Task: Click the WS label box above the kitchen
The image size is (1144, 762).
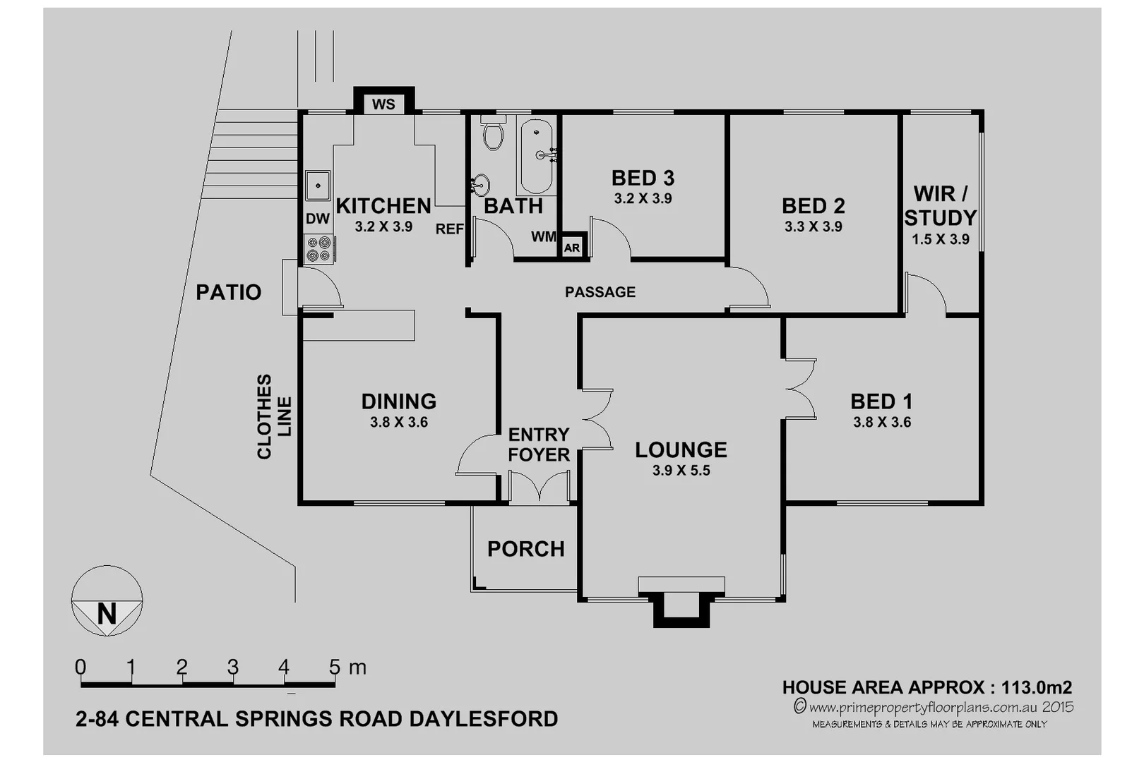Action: click(x=383, y=104)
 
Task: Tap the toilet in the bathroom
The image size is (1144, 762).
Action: click(x=493, y=135)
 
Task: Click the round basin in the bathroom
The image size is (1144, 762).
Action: click(x=480, y=185)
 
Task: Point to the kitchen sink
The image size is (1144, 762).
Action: click(x=318, y=186)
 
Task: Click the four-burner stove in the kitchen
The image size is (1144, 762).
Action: click(x=318, y=249)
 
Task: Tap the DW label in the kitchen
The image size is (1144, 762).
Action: click(x=318, y=219)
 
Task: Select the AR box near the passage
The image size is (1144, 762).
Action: click(x=572, y=248)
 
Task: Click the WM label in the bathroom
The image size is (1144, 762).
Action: click(x=543, y=237)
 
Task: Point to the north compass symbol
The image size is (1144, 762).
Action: click(x=107, y=601)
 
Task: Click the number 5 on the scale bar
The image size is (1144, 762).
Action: click(x=335, y=667)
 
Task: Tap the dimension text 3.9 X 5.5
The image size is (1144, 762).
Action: click(x=681, y=471)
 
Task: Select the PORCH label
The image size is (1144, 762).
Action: click(x=526, y=549)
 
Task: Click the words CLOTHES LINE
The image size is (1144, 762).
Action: click(x=273, y=416)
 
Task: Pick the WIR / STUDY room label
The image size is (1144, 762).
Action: click(x=940, y=205)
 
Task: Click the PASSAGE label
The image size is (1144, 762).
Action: click(x=600, y=292)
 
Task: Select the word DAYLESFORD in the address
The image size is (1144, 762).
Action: click(x=484, y=719)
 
